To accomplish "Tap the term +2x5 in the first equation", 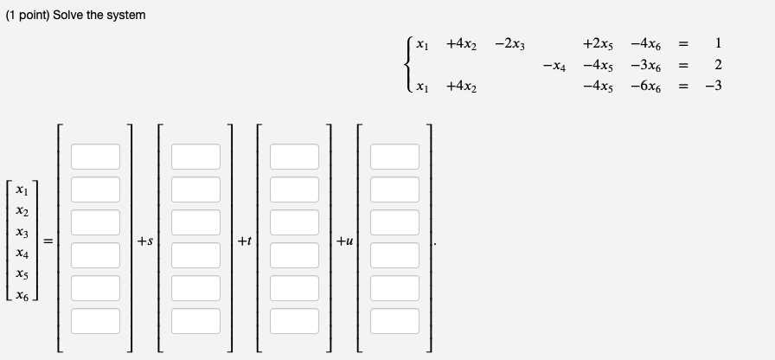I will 599,43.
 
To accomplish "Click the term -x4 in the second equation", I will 555,65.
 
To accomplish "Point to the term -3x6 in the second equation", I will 647,65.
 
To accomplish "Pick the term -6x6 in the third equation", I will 647,87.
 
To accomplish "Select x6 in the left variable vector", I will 28,296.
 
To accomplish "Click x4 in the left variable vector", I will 28,254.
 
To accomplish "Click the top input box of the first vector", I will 96,157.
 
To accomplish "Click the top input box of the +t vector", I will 295,157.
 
